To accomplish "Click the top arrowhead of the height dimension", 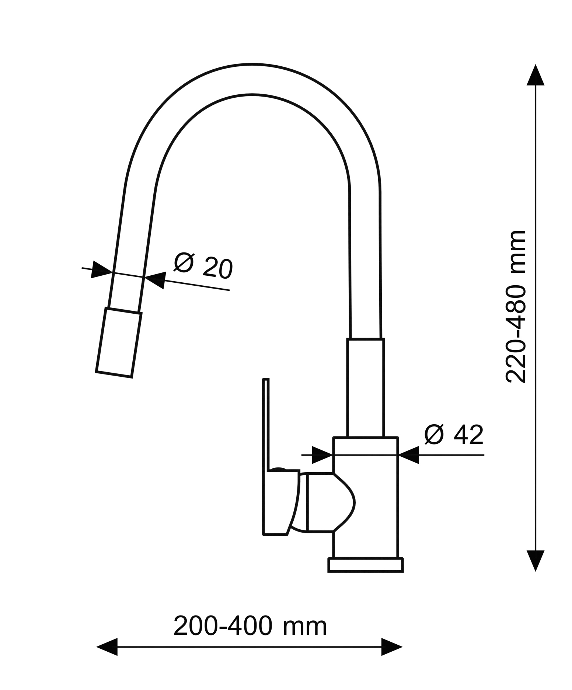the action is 535,75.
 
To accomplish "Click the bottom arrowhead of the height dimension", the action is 535,561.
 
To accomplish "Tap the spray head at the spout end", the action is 119,342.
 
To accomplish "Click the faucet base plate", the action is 366,565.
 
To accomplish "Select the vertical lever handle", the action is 281,457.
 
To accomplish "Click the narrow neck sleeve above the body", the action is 366,388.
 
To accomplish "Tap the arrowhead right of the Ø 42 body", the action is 408,455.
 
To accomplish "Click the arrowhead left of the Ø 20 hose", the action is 101,270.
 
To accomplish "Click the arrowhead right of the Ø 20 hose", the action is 155,280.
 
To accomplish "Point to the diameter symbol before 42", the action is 434,434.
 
